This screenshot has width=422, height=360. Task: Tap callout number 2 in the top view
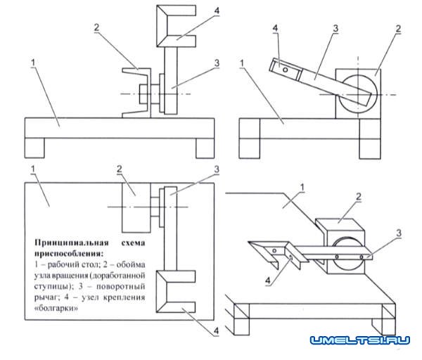pos(120,169)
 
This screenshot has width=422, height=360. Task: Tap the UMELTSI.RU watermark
pos(359,340)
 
